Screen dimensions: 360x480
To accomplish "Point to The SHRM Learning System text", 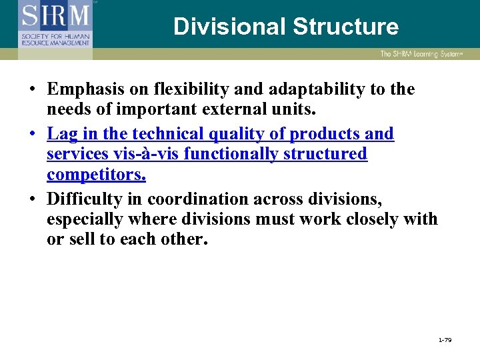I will coord(420,53).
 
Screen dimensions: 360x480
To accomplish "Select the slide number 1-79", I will coord(445,341).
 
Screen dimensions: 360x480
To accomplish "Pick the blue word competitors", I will coord(96,174).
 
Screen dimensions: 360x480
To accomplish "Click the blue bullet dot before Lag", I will coord(33,135).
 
